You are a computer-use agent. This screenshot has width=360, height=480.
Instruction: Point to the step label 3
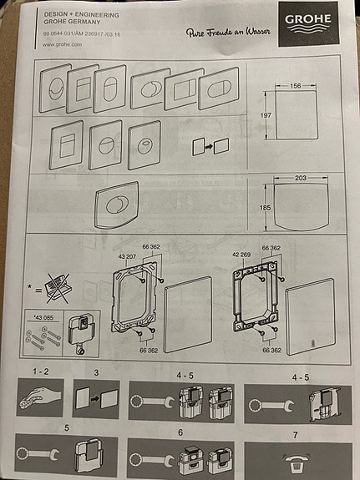pyautogui.click(x=95, y=370)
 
